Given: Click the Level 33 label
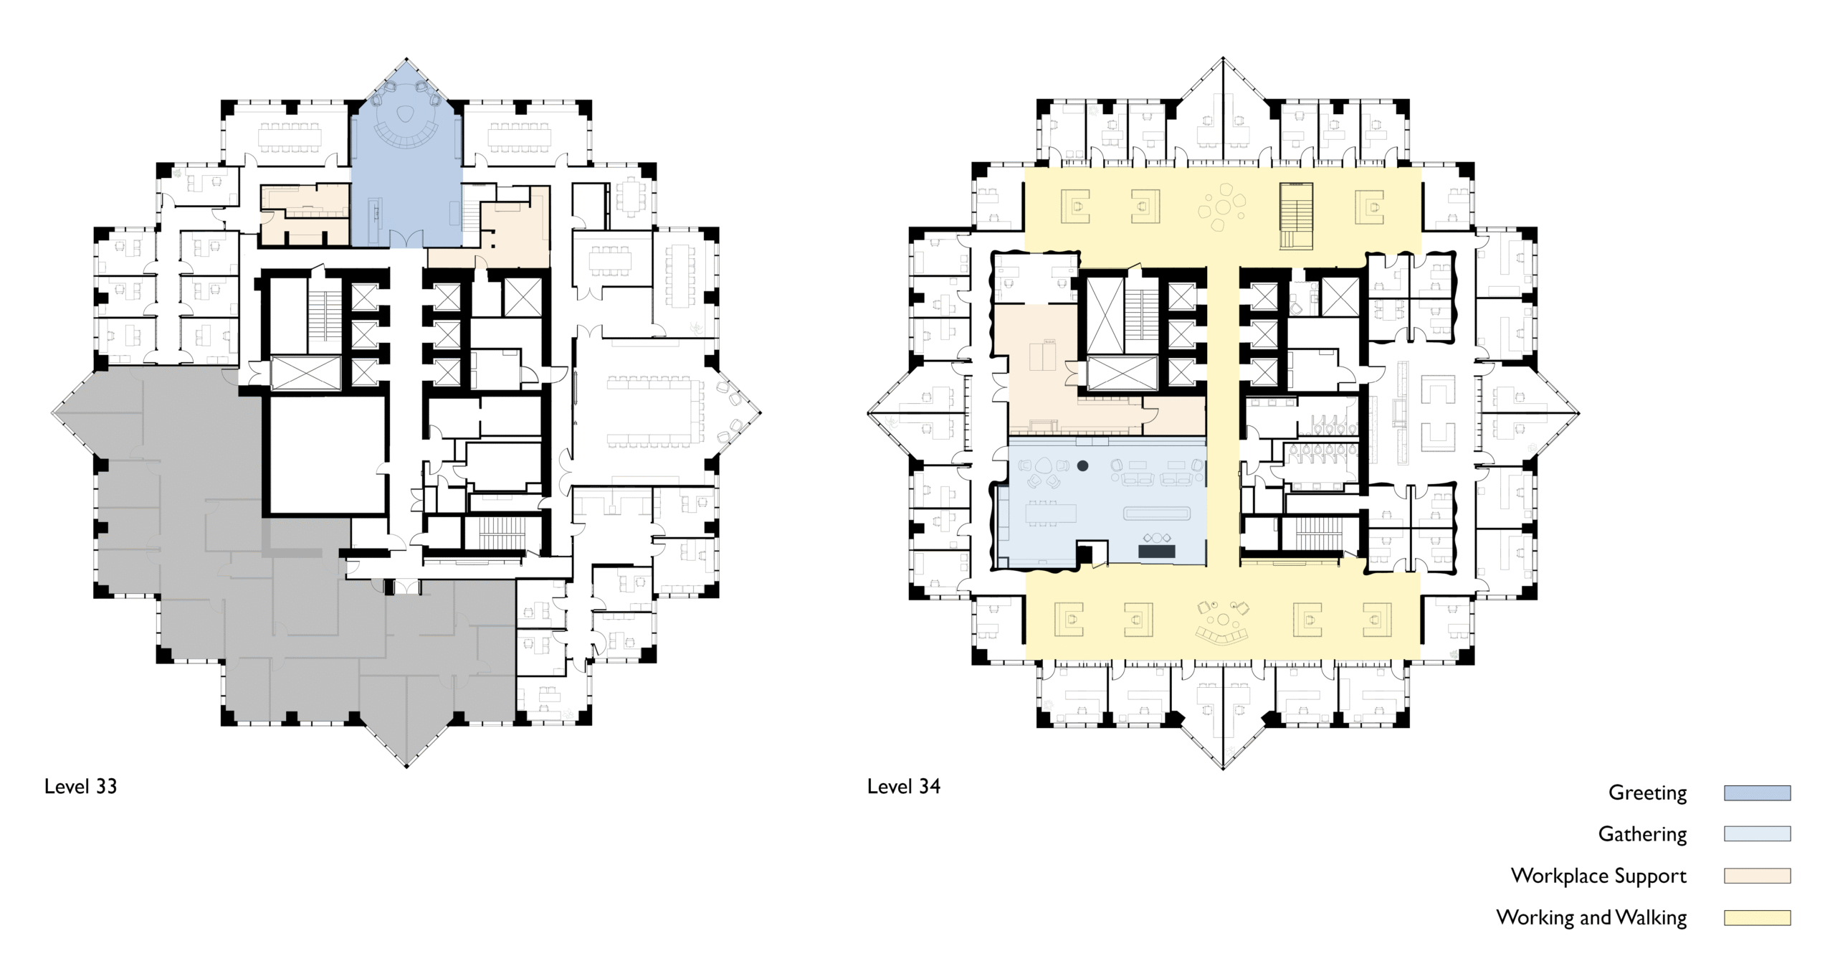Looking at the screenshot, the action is tap(80, 786).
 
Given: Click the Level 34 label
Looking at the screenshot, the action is tap(903, 786).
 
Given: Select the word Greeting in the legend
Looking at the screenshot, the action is tap(1647, 793).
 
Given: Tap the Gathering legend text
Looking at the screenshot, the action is tap(1642, 834).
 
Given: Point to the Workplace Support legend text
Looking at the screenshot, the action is tap(1598, 876).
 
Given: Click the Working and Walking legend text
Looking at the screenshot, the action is tap(1591, 917).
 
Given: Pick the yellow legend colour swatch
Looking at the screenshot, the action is tap(1757, 917).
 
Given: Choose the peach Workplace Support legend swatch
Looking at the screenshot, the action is tap(1757, 876).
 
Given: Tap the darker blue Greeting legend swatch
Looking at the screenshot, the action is tap(1757, 793).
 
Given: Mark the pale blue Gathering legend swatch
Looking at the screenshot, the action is tap(1757, 834).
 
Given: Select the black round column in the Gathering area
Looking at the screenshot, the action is tap(1083, 466).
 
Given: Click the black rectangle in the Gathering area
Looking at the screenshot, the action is tap(1157, 551).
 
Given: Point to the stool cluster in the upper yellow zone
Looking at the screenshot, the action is tap(1221, 208).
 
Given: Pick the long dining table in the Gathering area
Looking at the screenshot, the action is tap(1051, 514).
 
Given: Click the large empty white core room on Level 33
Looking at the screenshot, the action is tap(328, 455).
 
